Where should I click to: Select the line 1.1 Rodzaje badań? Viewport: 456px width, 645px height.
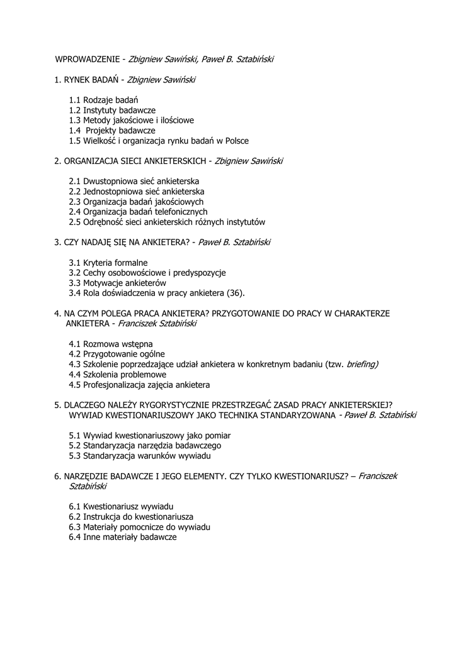pyautogui.click(x=104, y=100)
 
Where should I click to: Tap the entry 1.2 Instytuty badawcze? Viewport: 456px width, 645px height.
pyautogui.click(x=112, y=110)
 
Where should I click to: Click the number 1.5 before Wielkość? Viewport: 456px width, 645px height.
pyautogui.click(x=75, y=141)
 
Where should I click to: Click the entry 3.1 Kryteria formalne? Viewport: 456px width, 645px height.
pyautogui.click(x=108, y=262)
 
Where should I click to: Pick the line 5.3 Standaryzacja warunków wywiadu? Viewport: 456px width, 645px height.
pyautogui.click(x=139, y=455)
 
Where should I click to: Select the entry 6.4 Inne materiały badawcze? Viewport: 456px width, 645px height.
pyautogui.click(x=123, y=537)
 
